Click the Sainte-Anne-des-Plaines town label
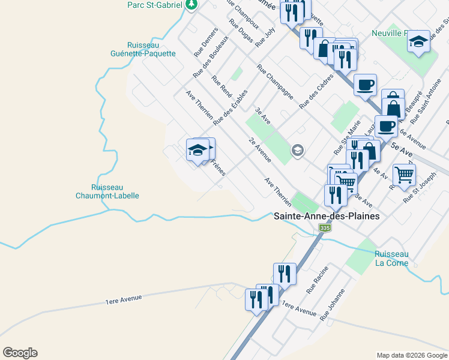click(x=327, y=216)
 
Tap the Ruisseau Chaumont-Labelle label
click(x=107, y=191)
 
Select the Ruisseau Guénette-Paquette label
click(x=151, y=49)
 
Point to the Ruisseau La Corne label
click(x=391, y=259)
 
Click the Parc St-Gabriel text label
click(x=155, y=5)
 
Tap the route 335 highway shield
click(x=325, y=229)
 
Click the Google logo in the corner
click(x=20, y=353)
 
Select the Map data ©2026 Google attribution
click(x=411, y=355)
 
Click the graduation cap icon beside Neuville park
click(x=418, y=41)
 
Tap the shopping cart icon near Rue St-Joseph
click(x=404, y=175)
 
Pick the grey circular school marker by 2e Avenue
click(x=297, y=151)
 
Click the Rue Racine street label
click(x=317, y=280)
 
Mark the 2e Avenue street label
click(x=260, y=150)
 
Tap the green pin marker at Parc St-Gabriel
click(x=191, y=5)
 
